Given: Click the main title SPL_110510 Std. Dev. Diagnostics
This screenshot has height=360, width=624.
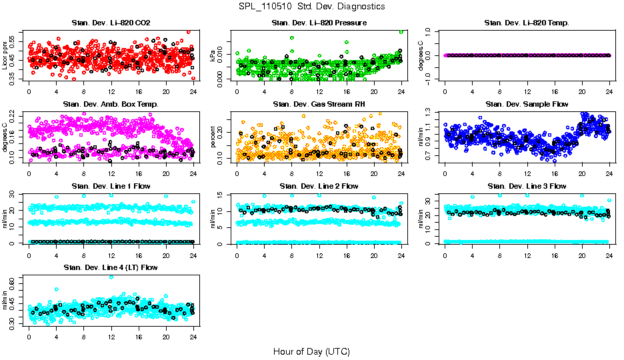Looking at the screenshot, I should pos(311,6).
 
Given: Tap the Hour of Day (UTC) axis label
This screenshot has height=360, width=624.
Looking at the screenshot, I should pos(311,351).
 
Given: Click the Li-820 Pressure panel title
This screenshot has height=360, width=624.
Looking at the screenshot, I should pos(319,23).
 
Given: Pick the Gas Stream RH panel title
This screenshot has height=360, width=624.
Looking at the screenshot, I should pos(319,104).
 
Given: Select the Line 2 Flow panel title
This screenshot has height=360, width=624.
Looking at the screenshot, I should pos(319,186).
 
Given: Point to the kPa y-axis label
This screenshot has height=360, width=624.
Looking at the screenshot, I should pos(213,55).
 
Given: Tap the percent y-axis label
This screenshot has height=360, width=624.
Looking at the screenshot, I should pos(213,137).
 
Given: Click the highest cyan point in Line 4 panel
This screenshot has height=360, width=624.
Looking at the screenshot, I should pos(111,277).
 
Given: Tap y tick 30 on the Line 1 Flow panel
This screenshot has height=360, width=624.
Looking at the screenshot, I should pos(21,194).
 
